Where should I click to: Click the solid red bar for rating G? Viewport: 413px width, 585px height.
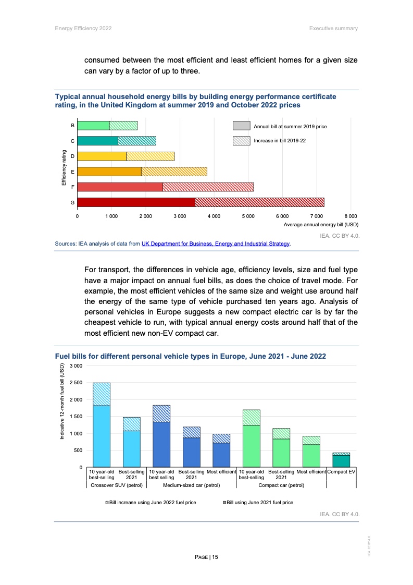[x=136, y=202]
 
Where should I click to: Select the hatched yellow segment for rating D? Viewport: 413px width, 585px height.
[x=150, y=156]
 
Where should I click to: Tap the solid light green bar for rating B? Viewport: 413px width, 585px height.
[x=93, y=126]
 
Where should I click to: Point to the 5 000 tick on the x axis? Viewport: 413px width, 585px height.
[x=248, y=216]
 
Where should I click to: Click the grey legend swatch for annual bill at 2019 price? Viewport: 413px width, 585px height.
[x=241, y=126]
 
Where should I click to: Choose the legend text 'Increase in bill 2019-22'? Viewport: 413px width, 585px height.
[x=279, y=141]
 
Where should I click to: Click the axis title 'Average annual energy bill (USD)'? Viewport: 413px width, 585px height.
[x=321, y=225]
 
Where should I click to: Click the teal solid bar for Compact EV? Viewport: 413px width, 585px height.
[x=341, y=461]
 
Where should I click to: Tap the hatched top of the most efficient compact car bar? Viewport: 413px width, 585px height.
[x=311, y=440]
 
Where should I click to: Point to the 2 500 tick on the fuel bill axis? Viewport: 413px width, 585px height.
[x=76, y=383]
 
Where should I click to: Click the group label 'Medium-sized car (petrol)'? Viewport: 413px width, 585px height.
[x=192, y=485]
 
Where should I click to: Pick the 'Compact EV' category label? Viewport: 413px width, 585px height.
[x=341, y=472]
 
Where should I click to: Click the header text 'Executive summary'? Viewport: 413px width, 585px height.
[x=333, y=28]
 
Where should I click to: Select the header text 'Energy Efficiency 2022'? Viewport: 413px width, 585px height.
[x=83, y=28]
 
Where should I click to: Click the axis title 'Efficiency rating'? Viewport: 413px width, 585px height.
[x=64, y=168]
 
